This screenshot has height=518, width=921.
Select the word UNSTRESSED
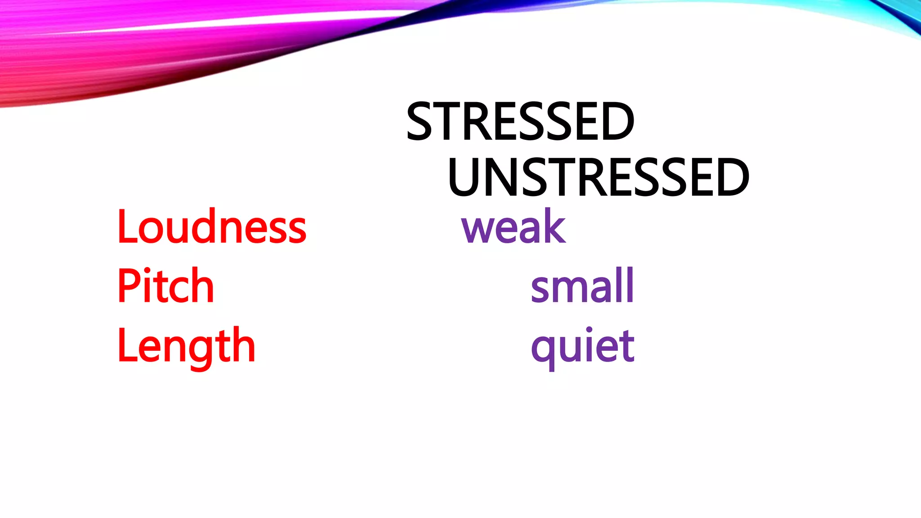598,178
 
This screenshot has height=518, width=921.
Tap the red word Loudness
211,227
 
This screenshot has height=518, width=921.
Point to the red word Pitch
165,286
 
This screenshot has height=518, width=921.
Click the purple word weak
514,227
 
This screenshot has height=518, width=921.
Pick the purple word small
582,286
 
